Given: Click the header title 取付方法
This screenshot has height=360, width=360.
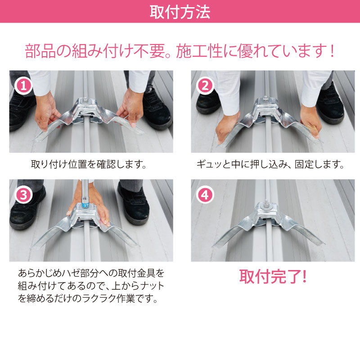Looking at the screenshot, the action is pyautogui.click(x=180, y=12).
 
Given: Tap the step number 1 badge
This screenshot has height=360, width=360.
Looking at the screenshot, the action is pyautogui.click(x=23, y=86).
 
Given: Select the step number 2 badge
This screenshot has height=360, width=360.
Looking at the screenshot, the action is pyautogui.click(x=205, y=86).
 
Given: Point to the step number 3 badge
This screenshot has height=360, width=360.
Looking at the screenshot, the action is pyautogui.click(x=23, y=195).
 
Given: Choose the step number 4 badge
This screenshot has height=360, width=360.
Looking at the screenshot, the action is pyautogui.click(x=205, y=195).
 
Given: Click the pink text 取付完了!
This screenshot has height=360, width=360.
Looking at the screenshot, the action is pyautogui.click(x=273, y=276).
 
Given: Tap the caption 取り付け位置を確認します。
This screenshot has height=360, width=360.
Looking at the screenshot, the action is pyautogui.click(x=89, y=164).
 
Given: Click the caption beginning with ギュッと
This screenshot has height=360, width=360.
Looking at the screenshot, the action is pyautogui.click(x=270, y=164).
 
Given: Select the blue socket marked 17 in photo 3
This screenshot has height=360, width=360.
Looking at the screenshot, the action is pyautogui.click(x=85, y=205).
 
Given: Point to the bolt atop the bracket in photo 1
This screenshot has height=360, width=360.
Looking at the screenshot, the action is pyautogui.click(x=85, y=99).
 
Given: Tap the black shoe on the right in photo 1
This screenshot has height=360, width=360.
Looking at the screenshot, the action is pyautogui.click(x=156, y=108).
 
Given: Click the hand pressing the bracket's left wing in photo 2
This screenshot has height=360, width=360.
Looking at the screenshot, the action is pyautogui.click(x=228, y=127).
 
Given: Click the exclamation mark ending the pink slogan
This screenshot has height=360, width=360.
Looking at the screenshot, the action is pyautogui.click(x=332, y=51).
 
